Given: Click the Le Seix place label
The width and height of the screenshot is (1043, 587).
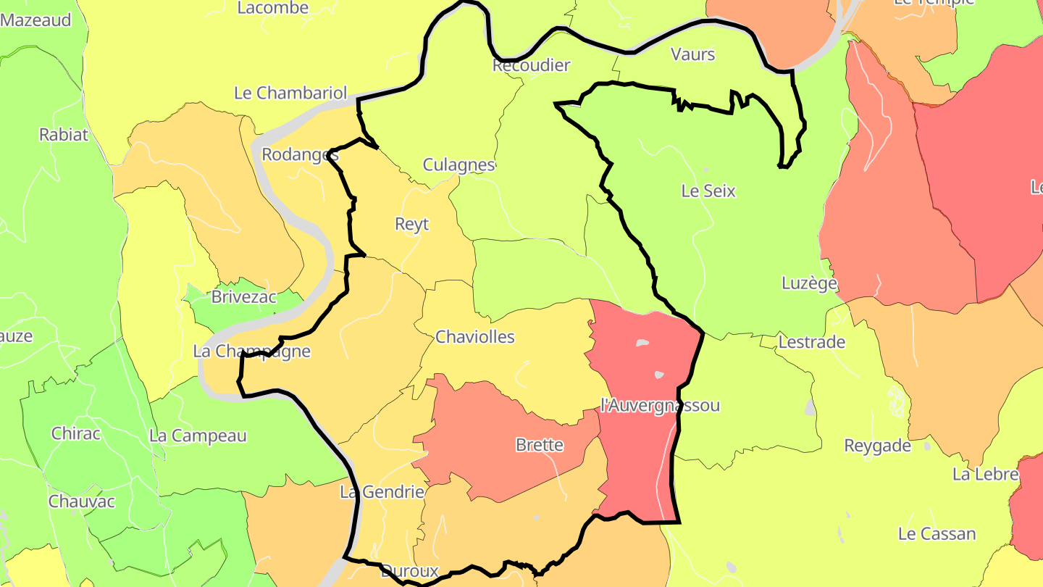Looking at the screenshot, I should click(x=708, y=191).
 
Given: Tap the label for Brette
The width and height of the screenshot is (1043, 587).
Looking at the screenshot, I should click(x=540, y=445).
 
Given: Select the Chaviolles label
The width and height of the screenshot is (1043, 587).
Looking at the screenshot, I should click(x=475, y=337).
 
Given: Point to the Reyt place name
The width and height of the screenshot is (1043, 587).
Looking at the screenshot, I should click(x=412, y=224).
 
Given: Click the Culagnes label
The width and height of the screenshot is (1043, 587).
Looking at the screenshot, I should click(x=458, y=165).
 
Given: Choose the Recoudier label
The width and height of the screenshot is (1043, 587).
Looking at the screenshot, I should click(x=531, y=65).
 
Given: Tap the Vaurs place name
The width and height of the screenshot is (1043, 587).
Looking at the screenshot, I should click(x=693, y=54).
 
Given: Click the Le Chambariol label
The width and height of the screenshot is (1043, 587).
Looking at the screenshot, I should click(x=290, y=93).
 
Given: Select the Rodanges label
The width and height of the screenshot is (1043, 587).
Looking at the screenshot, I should click(x=300, y=154).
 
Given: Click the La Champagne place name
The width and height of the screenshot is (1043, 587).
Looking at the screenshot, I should click(x=252, y=351).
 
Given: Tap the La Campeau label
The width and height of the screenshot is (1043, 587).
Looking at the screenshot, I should click(x=198, y=436).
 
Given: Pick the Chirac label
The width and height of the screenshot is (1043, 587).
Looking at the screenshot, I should click(x=76, y=434).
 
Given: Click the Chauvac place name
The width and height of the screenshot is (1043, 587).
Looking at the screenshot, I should click(x=82, y=501).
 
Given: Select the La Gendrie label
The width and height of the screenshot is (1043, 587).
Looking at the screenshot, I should click(x=382, y=492).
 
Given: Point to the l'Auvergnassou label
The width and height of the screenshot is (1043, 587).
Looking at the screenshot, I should click(x=661, y=405).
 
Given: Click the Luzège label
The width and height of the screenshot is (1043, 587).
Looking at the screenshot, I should click(x=810, y=283).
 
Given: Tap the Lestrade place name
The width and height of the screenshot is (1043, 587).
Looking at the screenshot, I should click(x=812, y=342).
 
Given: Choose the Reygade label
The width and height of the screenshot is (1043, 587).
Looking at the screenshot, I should click(x=878, y=446).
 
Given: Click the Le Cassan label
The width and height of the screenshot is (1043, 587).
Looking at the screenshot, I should click(x=937, y=534).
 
